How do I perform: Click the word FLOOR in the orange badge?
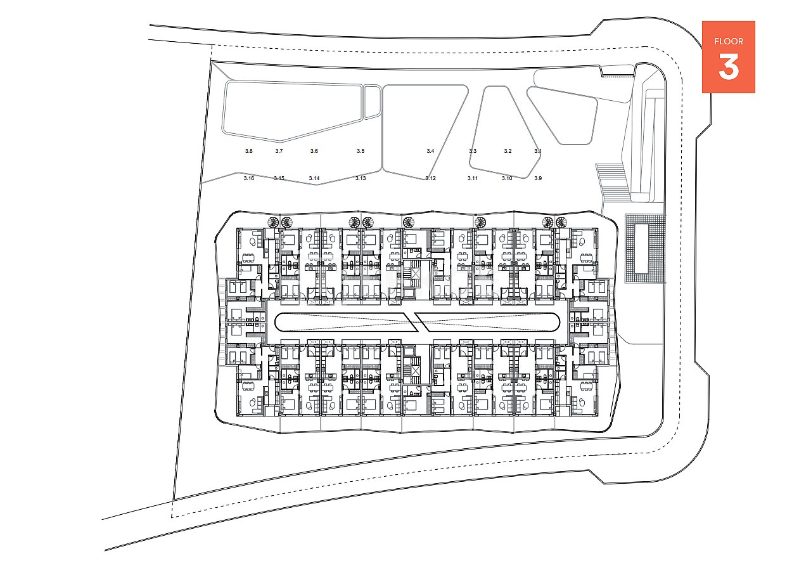729,42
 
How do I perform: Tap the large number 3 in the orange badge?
729,67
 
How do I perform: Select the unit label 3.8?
248,151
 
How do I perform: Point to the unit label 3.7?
279,151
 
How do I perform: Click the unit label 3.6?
314,151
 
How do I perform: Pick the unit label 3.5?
361,151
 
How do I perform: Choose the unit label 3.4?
430,151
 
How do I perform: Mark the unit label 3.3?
473,151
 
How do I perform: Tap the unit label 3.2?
508,151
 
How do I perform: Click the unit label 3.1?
538,151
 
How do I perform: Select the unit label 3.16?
248,179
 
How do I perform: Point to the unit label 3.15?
279,179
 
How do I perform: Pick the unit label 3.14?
314,179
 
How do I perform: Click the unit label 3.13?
361,179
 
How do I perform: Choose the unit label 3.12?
430,179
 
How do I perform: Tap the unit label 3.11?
473,179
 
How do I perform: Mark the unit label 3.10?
507,179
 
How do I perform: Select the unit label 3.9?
538,179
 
